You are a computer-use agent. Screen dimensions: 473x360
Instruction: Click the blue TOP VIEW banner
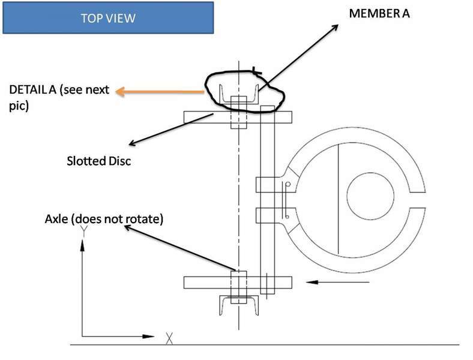click(108, 18)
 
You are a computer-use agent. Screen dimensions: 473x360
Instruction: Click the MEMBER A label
click(379, 14)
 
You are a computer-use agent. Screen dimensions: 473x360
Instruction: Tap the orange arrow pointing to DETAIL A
click(160, 92)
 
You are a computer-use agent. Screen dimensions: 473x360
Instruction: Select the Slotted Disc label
click(99, 161)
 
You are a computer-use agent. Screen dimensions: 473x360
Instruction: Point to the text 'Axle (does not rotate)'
click(104, 218)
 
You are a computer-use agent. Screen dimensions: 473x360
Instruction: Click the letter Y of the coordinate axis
click(84, 230)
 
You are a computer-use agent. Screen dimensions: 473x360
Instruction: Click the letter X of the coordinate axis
click(169, 338)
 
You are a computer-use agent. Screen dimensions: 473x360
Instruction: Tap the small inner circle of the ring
click(370, 196)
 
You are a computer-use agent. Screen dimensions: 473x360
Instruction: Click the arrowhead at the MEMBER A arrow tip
click(335, 28)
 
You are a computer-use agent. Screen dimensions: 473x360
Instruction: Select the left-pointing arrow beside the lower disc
click(337, 282)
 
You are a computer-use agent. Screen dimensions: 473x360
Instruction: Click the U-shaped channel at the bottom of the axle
click(239, 306)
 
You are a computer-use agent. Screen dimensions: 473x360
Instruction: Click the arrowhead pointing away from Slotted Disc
click(133, 143)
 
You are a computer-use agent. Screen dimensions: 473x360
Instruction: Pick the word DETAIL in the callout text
click(29, 89)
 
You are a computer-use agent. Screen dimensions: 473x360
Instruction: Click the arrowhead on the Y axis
click(82, 245)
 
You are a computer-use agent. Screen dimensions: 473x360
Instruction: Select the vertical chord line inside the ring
click(338, 199)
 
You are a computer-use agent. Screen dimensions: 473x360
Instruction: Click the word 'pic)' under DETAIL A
click(19, 106)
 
